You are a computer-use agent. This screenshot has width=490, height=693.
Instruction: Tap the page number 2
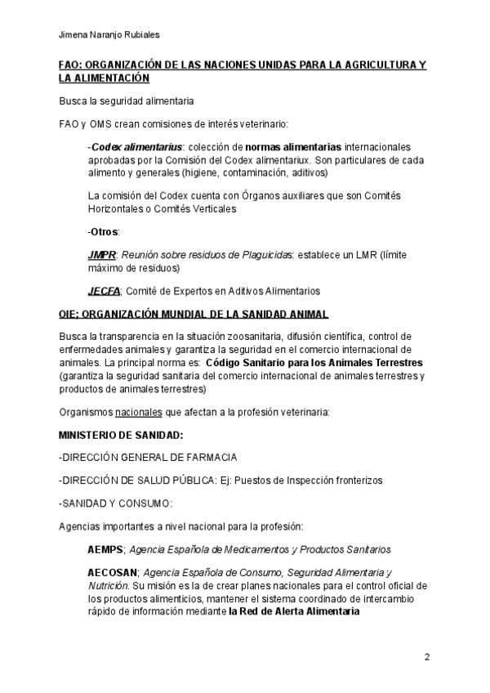pyautogui.click(x=427, y=657)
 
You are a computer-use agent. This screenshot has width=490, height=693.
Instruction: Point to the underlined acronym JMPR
pyautogui.click(x=102, y=256)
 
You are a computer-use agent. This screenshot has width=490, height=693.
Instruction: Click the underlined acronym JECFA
pyautogui.click(x=104, y=291)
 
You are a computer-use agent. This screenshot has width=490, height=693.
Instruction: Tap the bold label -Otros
pyautogui.click(x=102, y=232)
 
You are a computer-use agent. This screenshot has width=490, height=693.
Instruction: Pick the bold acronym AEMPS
pyautogui.click(x=105, y=550)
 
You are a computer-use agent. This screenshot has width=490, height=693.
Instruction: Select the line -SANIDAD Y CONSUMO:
pyautogui.click(x=115, y=503)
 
